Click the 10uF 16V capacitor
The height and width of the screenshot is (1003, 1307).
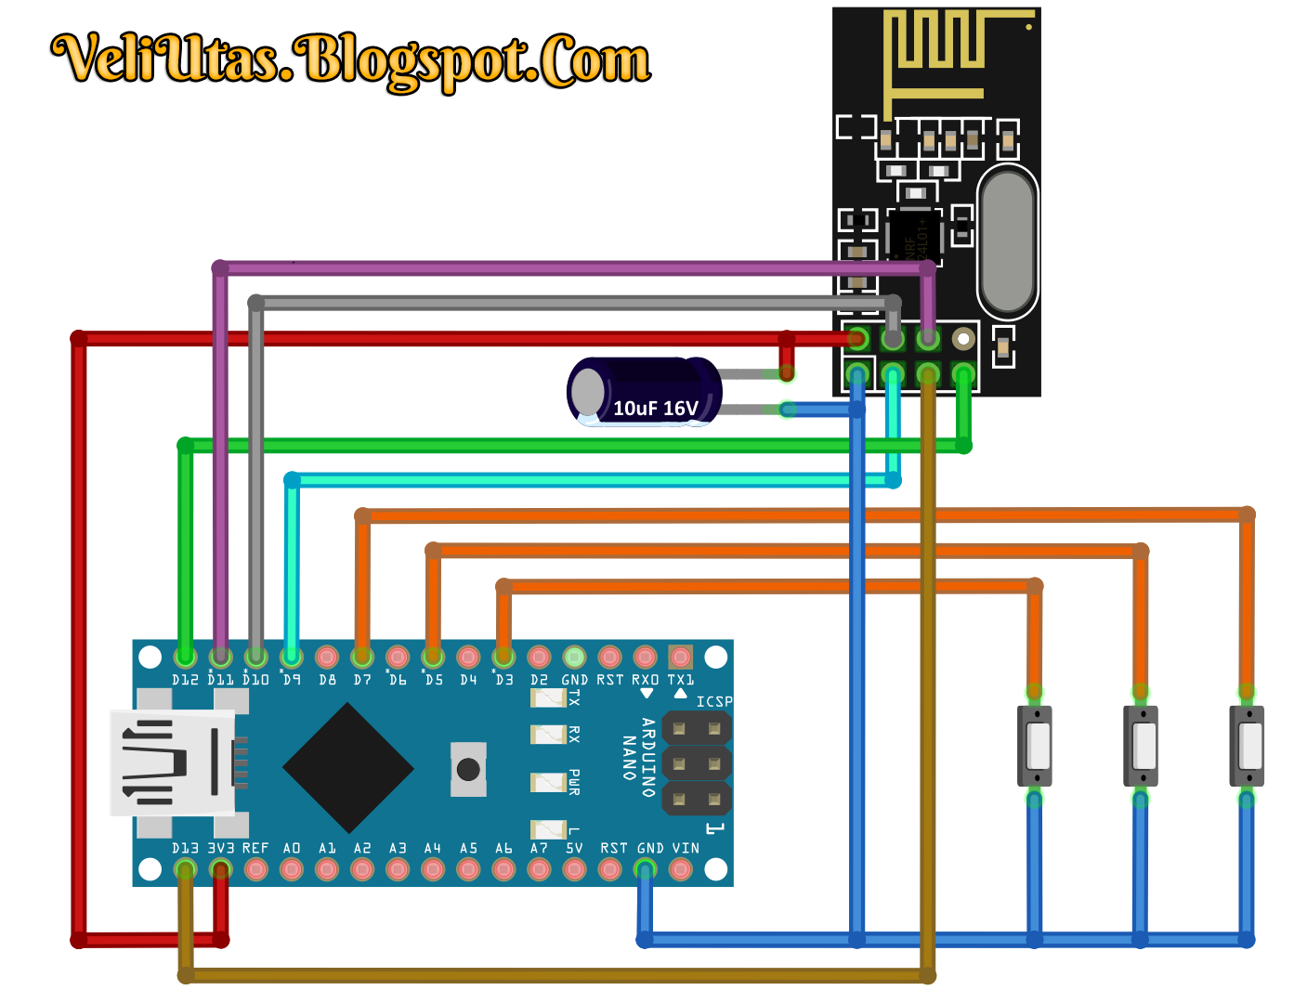click(x=644, y=392)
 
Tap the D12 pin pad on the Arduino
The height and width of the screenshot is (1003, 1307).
click(x=185, y=658)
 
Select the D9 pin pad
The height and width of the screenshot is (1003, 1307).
click(x=292, y=658)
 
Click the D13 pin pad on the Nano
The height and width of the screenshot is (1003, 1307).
click(x=185, y=870)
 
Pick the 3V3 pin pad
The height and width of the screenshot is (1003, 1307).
click(x=220, y=870)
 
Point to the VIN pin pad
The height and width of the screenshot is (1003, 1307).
click(x=680, y=870)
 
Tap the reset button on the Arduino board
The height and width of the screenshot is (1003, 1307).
click(x=468, y=769)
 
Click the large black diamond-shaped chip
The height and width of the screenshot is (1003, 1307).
click(x=347, y=768)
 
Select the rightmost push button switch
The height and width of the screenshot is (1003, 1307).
click(x=1247, y=746)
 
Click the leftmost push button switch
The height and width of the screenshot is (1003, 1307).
click(x=1035, y=746)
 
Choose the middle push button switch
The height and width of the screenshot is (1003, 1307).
click(x=1141, y=746)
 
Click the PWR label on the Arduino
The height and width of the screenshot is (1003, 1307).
click(x=574, y=782)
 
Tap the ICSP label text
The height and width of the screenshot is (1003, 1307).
click(x=714, y=702)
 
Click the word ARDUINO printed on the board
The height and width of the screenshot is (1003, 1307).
click(x=648, y=757)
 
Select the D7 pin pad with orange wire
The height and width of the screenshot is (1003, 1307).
click(x=362, y=658)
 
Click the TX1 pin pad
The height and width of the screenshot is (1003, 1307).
click(x=680, y=658)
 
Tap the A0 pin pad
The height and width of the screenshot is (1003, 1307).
click(x=292, y=870)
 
